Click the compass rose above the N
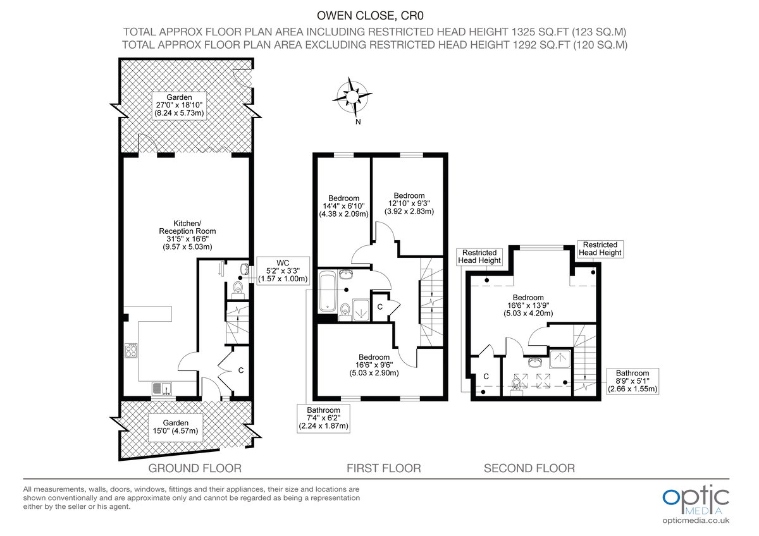350,96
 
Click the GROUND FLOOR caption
195,468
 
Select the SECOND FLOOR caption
529,468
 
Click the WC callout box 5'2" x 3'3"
282,271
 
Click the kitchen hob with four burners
132,351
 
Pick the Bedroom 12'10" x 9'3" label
409,204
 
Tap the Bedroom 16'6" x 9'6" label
374,365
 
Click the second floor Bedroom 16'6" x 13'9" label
528,305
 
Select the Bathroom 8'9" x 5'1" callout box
632,381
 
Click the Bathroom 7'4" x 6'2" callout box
324,418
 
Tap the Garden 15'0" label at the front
175,427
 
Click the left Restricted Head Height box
479,257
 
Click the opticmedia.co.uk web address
696,520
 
